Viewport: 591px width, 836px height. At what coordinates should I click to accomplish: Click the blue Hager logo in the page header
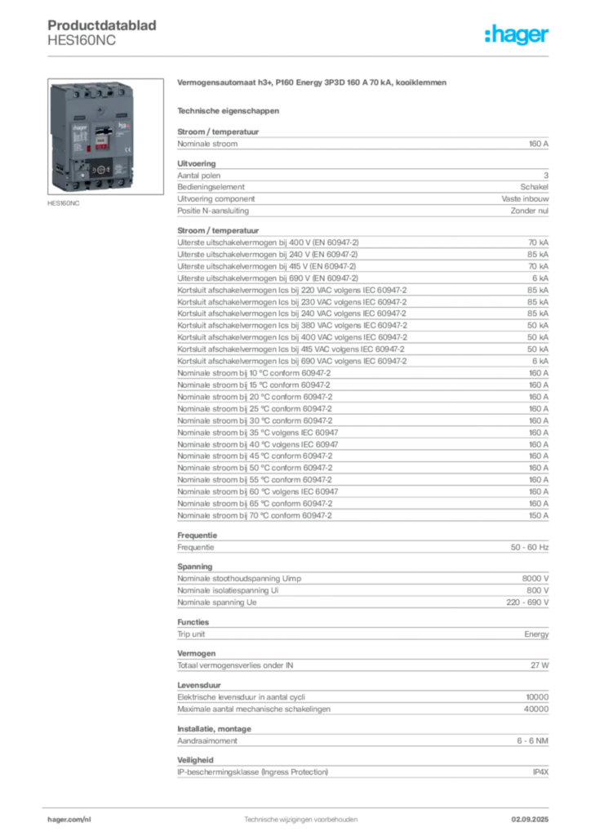tap(518, 36)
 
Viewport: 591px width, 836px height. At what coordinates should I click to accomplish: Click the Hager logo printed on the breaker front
tap(80, 127)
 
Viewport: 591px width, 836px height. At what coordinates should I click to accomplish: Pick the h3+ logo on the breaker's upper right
tap(125, 126)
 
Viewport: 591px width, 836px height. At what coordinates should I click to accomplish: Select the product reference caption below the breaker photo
tap(64, 205)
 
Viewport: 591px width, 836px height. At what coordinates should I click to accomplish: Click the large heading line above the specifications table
tap(313, 84)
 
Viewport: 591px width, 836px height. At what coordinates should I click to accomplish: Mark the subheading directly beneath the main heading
tap(229, 109)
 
